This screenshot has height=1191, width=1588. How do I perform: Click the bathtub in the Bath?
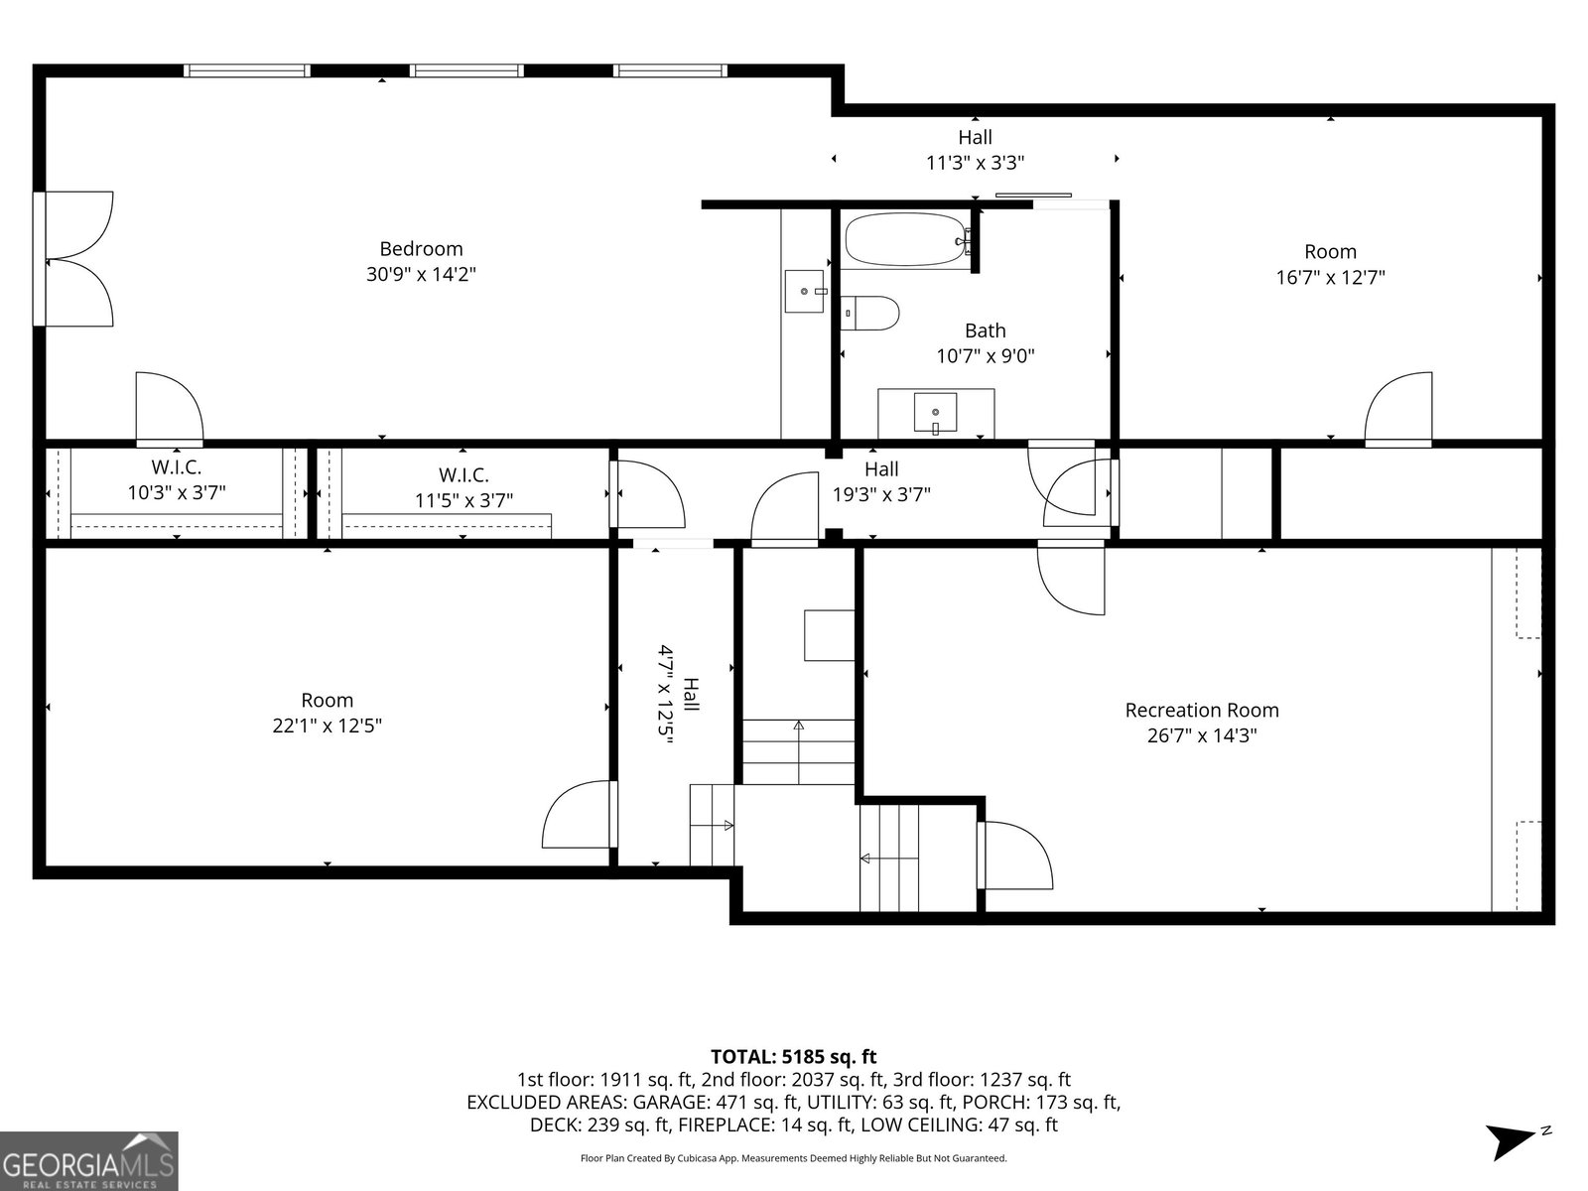pos(906,239)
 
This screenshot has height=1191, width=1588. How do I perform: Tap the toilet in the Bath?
pos(869,313)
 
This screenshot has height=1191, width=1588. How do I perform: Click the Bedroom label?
pos(421,249)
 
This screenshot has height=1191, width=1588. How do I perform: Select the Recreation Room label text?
pos(1202,710)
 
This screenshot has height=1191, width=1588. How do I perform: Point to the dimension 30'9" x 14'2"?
pos(421,274)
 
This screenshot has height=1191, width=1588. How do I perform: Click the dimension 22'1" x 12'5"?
pos(327,726)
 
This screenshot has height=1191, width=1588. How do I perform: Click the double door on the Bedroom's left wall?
pos(73,259)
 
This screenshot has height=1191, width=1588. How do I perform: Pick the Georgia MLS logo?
pos(88,1160)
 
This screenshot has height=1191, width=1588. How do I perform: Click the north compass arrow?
pos(1511,1141)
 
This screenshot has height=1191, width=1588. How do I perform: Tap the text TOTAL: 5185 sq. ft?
pos(794,1057)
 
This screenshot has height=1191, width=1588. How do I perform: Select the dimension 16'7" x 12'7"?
pos(1331,278)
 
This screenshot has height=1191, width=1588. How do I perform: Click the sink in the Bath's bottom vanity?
pos(936,413)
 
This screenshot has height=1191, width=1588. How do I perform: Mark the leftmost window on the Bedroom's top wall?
pos(247,70)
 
